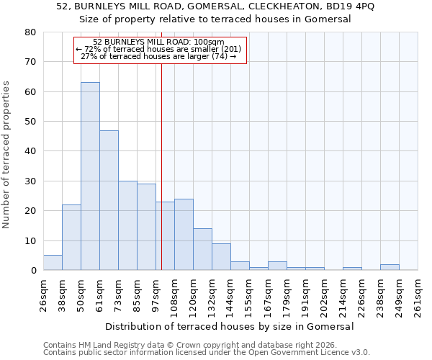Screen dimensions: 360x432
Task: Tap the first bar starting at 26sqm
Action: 53,263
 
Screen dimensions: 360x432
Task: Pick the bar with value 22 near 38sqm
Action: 71,238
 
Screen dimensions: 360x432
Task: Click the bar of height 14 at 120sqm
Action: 202,249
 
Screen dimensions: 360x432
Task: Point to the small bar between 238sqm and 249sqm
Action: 390,267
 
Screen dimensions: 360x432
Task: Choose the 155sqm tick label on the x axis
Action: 249,295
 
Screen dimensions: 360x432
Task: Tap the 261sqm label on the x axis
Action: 418,295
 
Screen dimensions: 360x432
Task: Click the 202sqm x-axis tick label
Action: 324,295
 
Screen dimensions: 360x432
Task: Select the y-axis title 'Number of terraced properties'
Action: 7,154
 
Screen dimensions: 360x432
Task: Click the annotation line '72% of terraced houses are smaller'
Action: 160,49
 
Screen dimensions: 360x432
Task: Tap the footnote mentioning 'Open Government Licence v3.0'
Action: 207,352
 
